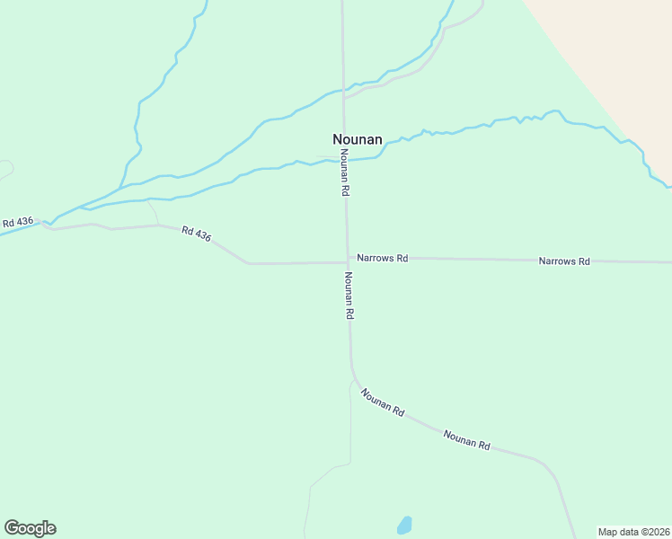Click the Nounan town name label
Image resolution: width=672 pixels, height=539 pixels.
(x=358, y=139)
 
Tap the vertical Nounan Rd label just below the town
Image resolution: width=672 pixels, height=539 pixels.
(x=344, y=172)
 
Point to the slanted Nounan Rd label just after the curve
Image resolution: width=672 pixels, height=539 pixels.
(x=382, y=402)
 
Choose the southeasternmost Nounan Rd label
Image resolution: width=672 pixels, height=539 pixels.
(x=466, y=440)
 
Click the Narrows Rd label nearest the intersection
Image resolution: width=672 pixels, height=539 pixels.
(x=382, y=258)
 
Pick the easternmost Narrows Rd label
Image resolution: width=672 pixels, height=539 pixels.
(x=564, y=261)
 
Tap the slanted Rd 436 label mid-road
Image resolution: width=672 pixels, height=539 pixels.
(x=196, y=233)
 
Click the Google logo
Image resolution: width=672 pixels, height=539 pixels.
(x=30, y=528)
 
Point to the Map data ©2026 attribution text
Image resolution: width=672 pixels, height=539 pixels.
(x=633, y=532)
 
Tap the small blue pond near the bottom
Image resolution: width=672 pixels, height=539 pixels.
(x=404, y=525)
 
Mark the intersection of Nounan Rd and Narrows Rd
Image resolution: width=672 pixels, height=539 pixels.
(x=348, y=261)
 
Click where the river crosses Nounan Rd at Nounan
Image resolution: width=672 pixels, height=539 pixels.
(x=344, y=160)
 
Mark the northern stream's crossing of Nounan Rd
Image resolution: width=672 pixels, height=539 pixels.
(x=342, y=90)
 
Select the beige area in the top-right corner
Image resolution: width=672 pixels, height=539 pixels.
(x=620, y=45)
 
